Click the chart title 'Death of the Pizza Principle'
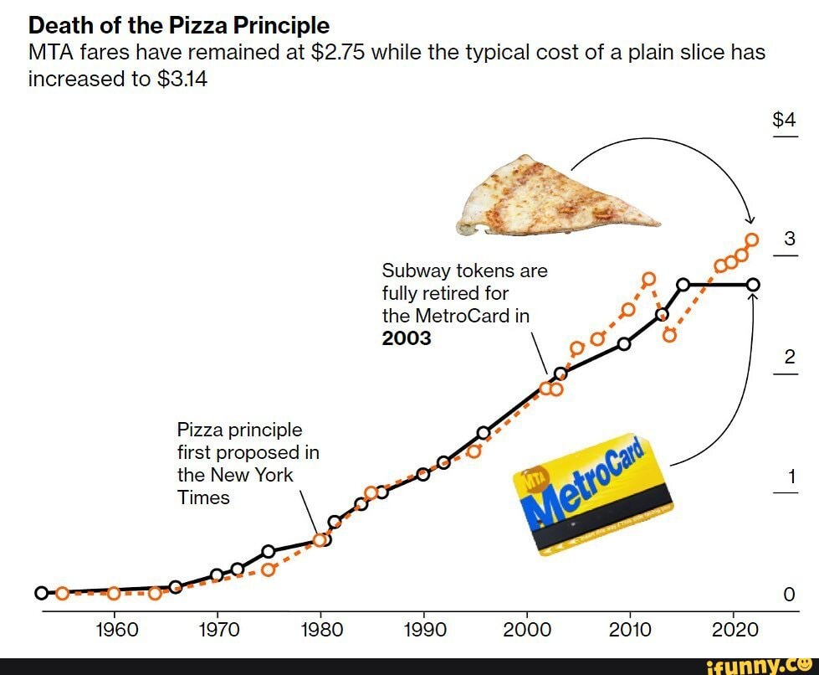click(179, 25)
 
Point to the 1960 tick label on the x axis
click(114, 629)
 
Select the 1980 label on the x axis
click(320, 629)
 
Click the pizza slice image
click(552, 197)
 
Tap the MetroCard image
click(592, 494)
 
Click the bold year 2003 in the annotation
click(407, 338)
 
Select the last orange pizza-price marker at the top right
click(751, 240)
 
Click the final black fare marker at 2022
click(753, 285)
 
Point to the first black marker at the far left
click(41, 593)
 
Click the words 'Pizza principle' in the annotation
click(239, 430)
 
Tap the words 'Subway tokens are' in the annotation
click(464, 271)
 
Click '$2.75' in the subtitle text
click(337, 53)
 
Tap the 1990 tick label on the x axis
click(424, 629)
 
